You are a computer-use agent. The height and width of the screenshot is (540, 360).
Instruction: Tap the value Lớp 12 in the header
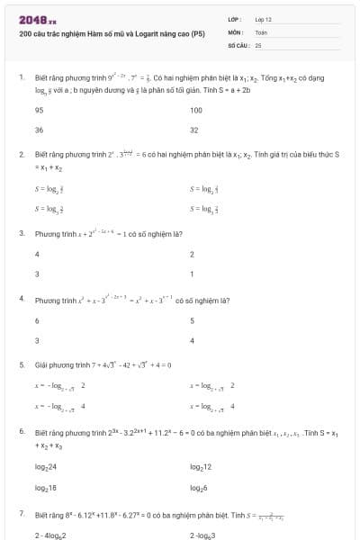click(263, 18)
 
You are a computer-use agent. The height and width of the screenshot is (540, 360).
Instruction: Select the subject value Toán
click(261, 31)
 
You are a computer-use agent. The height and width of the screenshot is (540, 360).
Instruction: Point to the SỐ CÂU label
click(238, 43)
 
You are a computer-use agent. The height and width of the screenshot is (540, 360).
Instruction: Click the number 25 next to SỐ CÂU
click(258, 43)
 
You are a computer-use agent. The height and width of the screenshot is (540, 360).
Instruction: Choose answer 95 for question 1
click(39, 110)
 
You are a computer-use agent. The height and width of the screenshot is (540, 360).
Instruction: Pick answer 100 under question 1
click(196, 110)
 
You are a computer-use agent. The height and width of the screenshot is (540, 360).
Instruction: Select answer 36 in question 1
click(39, 130)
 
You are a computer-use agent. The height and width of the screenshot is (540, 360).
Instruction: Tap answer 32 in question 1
click(194, 130)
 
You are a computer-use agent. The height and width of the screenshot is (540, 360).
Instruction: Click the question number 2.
click(21, 154)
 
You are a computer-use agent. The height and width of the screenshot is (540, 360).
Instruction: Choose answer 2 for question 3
click(193, 254)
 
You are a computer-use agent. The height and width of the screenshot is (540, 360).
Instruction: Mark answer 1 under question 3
click(192, 274)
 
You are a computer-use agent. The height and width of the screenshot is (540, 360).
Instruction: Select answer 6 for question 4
click(37, 320)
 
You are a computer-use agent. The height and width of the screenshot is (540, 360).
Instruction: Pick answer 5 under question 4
click(193, 320)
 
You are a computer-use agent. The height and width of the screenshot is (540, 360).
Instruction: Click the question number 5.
click(21, 364)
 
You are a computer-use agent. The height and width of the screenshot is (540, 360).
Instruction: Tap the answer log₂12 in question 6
click(201, 466)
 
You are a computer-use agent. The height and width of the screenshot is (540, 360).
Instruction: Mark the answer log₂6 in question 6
click(199, 487)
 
